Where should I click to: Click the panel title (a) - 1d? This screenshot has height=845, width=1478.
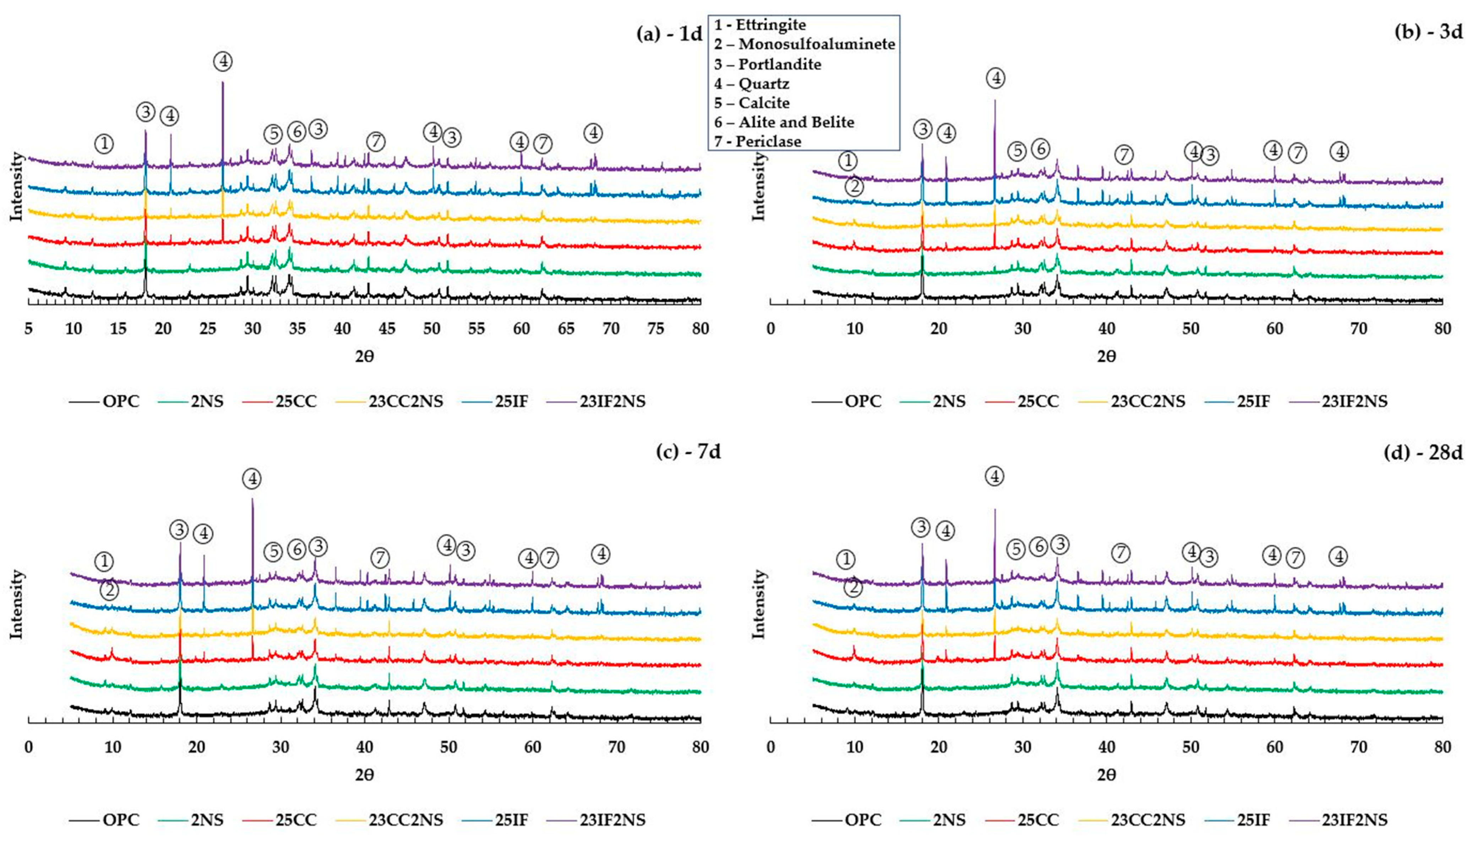pos(669,34)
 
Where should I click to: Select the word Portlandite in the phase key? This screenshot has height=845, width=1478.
pos(779,64)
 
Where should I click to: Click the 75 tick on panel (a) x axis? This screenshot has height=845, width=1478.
pos(655,329)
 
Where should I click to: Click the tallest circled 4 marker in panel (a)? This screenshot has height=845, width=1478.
pos(223,61)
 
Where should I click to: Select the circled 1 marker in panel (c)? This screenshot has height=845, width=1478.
pos(104,561)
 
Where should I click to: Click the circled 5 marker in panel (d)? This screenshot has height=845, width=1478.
pos(1016,549)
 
